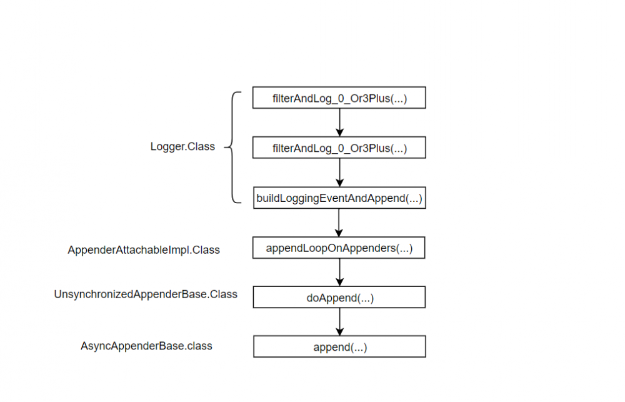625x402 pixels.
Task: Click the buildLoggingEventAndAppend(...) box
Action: point(339,198)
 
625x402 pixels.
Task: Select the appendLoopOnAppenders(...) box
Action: point(339,248)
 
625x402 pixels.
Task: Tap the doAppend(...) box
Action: point(339,298)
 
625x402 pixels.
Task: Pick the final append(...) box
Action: point(339,347)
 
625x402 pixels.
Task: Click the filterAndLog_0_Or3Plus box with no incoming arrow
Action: point(339,98)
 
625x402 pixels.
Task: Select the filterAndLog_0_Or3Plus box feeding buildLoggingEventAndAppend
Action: point(339,148)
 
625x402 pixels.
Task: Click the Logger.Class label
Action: point(182,147)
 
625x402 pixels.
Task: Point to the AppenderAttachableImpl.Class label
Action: point(144,250)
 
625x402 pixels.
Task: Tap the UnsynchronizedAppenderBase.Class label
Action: point(146,294)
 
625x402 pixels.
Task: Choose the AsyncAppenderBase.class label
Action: point(146,346)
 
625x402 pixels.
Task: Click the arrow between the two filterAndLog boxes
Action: point(339,123)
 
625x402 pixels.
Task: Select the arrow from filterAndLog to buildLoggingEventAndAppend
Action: point(339,172)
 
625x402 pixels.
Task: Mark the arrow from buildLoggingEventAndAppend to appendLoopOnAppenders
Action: point(339,222)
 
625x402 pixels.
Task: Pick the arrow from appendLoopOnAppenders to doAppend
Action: point(339,272)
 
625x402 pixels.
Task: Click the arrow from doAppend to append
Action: point(339,321)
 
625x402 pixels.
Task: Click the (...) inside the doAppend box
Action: point(365,298)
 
